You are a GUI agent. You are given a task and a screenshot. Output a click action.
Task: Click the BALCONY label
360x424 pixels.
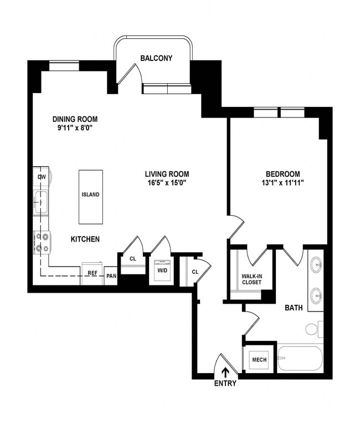point(156,58)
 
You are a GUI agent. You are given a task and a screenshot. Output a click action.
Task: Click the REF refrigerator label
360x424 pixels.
point(92,273)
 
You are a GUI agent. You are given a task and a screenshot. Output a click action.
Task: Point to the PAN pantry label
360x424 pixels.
point(111,274)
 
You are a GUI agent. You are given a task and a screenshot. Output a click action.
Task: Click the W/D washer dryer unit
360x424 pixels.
point(162,271)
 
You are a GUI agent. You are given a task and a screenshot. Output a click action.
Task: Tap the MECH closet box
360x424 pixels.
point(259,360)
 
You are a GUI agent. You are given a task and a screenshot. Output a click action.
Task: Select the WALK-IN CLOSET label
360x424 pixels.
point(251,279)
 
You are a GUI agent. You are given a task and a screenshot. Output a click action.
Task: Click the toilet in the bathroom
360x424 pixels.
point(312,329)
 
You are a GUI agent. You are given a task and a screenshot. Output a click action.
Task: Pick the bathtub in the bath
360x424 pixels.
point(300,360)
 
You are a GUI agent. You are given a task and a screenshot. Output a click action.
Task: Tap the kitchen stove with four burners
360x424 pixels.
point(42,242)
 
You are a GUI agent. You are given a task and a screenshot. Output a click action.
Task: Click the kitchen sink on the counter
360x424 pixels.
point(41,203)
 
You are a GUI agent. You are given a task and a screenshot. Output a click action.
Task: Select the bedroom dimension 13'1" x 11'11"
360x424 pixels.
point(282,182)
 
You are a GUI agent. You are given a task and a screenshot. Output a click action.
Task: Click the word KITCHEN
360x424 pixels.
point(85,239)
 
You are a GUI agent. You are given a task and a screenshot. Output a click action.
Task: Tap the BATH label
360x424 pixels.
point(294,308)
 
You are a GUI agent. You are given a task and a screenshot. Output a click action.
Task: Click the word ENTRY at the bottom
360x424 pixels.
point(225,383)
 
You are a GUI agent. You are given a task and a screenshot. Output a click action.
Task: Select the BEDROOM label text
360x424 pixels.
point(282,173)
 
